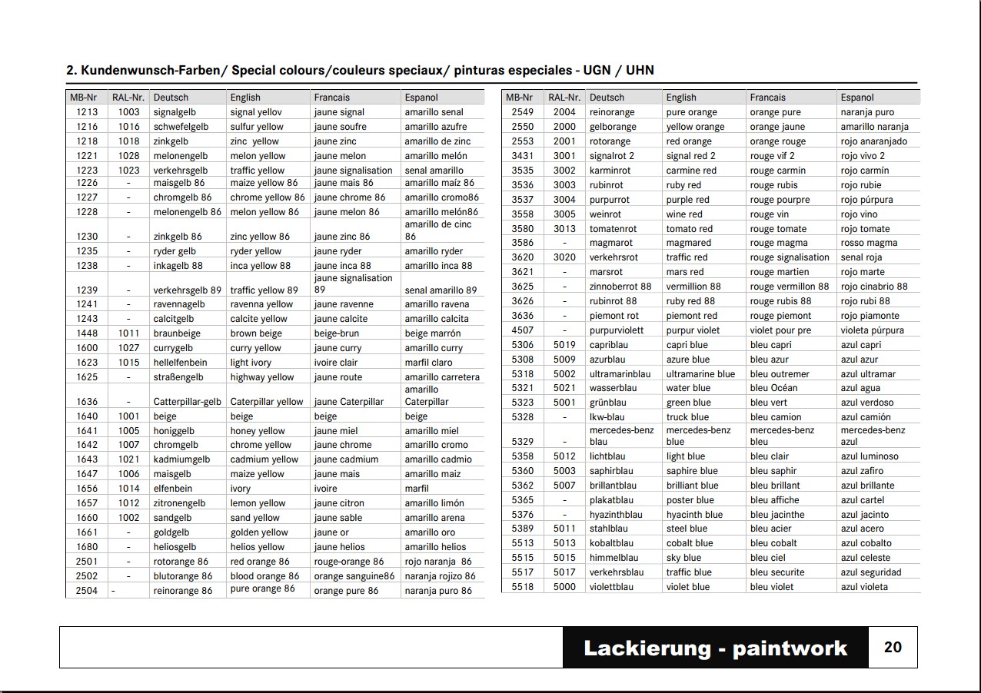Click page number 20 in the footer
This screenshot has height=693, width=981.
pyautogui.click(x=893, y=647)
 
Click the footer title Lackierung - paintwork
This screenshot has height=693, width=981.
pyautogui.click(x=715, y=648)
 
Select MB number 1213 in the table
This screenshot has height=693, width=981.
pyautogui.click(x=87, y=112)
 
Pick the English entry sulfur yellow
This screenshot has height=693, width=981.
pyautogui.click(x=257, y=127)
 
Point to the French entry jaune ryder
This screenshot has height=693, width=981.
pyautogui.click(x=338, y=251)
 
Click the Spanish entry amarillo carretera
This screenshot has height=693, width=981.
pyautogui.click(x=442, y=377)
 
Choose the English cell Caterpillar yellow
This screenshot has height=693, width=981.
pyautogui.click(x=267, y=402)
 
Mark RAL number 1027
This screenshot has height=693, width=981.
pyautogui.click(x=129, y=348)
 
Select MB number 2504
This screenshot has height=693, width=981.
pyautogui.click(x=87, y=591)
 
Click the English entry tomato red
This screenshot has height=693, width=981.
pyautogui.click(x=689, y=229)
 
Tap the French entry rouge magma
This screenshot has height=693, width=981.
pyautogui.click(x=779, y=243)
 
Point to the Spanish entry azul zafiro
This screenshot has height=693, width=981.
pyautogui.click(x=862, y=471)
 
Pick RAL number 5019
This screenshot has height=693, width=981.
pyautogui.click(x=564, y=345)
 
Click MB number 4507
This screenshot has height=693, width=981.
pyautogui.click(x=523, y=330)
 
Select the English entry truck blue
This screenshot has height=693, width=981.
pyautogui.click(x=688, y=417)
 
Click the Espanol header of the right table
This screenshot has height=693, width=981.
pyautogui.click(x=857, y=98)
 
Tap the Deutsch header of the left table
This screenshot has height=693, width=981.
pyautogui.click(x=171, y=98)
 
